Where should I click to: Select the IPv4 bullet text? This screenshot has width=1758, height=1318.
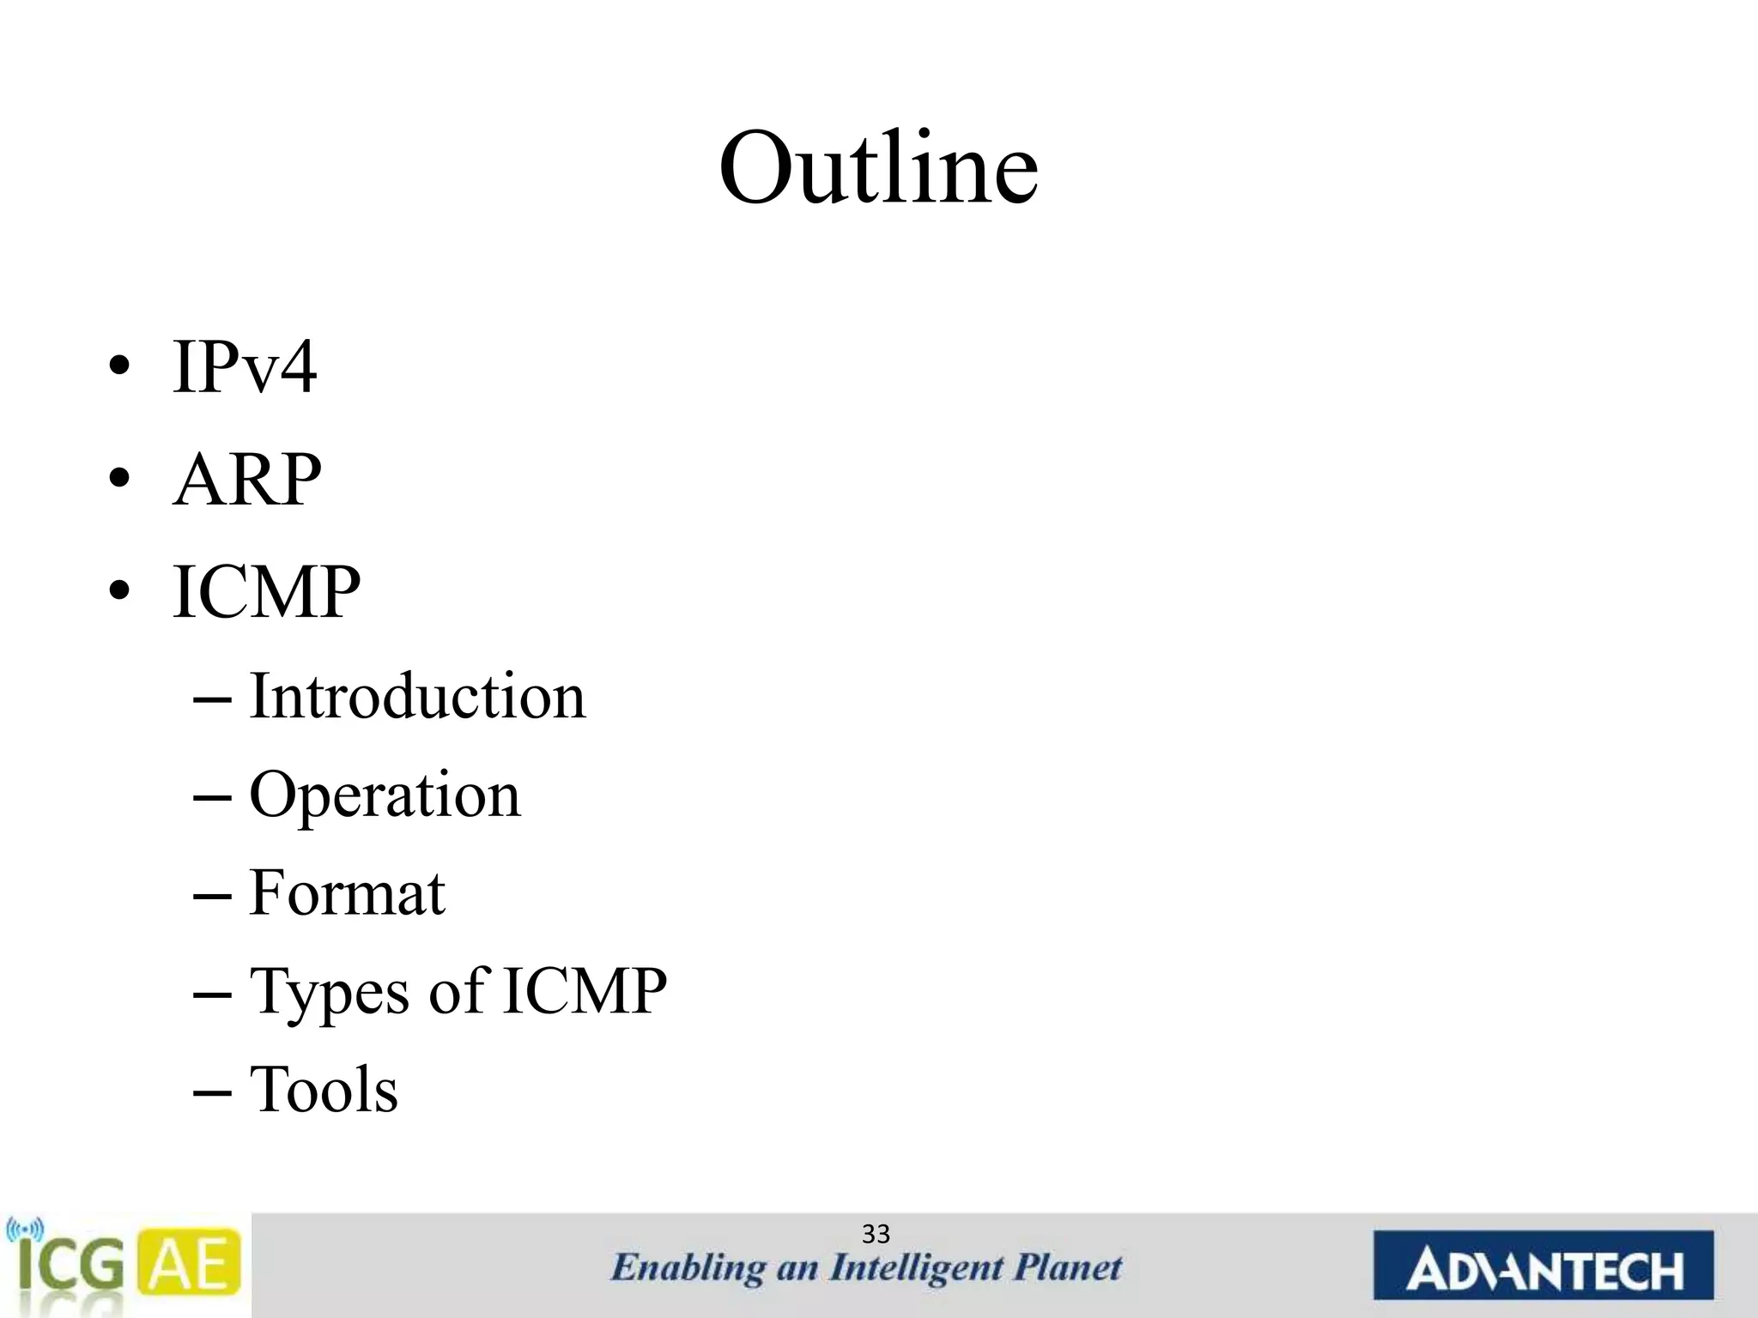245,367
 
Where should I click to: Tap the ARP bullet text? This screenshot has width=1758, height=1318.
247,480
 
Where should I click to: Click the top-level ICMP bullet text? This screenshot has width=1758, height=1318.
266,592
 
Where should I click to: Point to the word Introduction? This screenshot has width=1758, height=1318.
417,696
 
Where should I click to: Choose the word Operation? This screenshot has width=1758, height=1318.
385,795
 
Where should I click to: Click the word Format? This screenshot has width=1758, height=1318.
347,893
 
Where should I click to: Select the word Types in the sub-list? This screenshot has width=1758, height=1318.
329,993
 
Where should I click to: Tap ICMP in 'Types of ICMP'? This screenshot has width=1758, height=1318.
584,991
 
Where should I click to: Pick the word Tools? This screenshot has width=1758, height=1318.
324,1090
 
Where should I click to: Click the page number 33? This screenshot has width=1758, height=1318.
876,1234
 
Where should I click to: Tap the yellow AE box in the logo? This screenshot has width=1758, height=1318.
189,1264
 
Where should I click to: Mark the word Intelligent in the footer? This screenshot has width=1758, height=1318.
916,1268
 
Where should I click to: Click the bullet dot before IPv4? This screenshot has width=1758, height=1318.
120,367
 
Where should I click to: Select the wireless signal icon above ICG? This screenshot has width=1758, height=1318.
24,1230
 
